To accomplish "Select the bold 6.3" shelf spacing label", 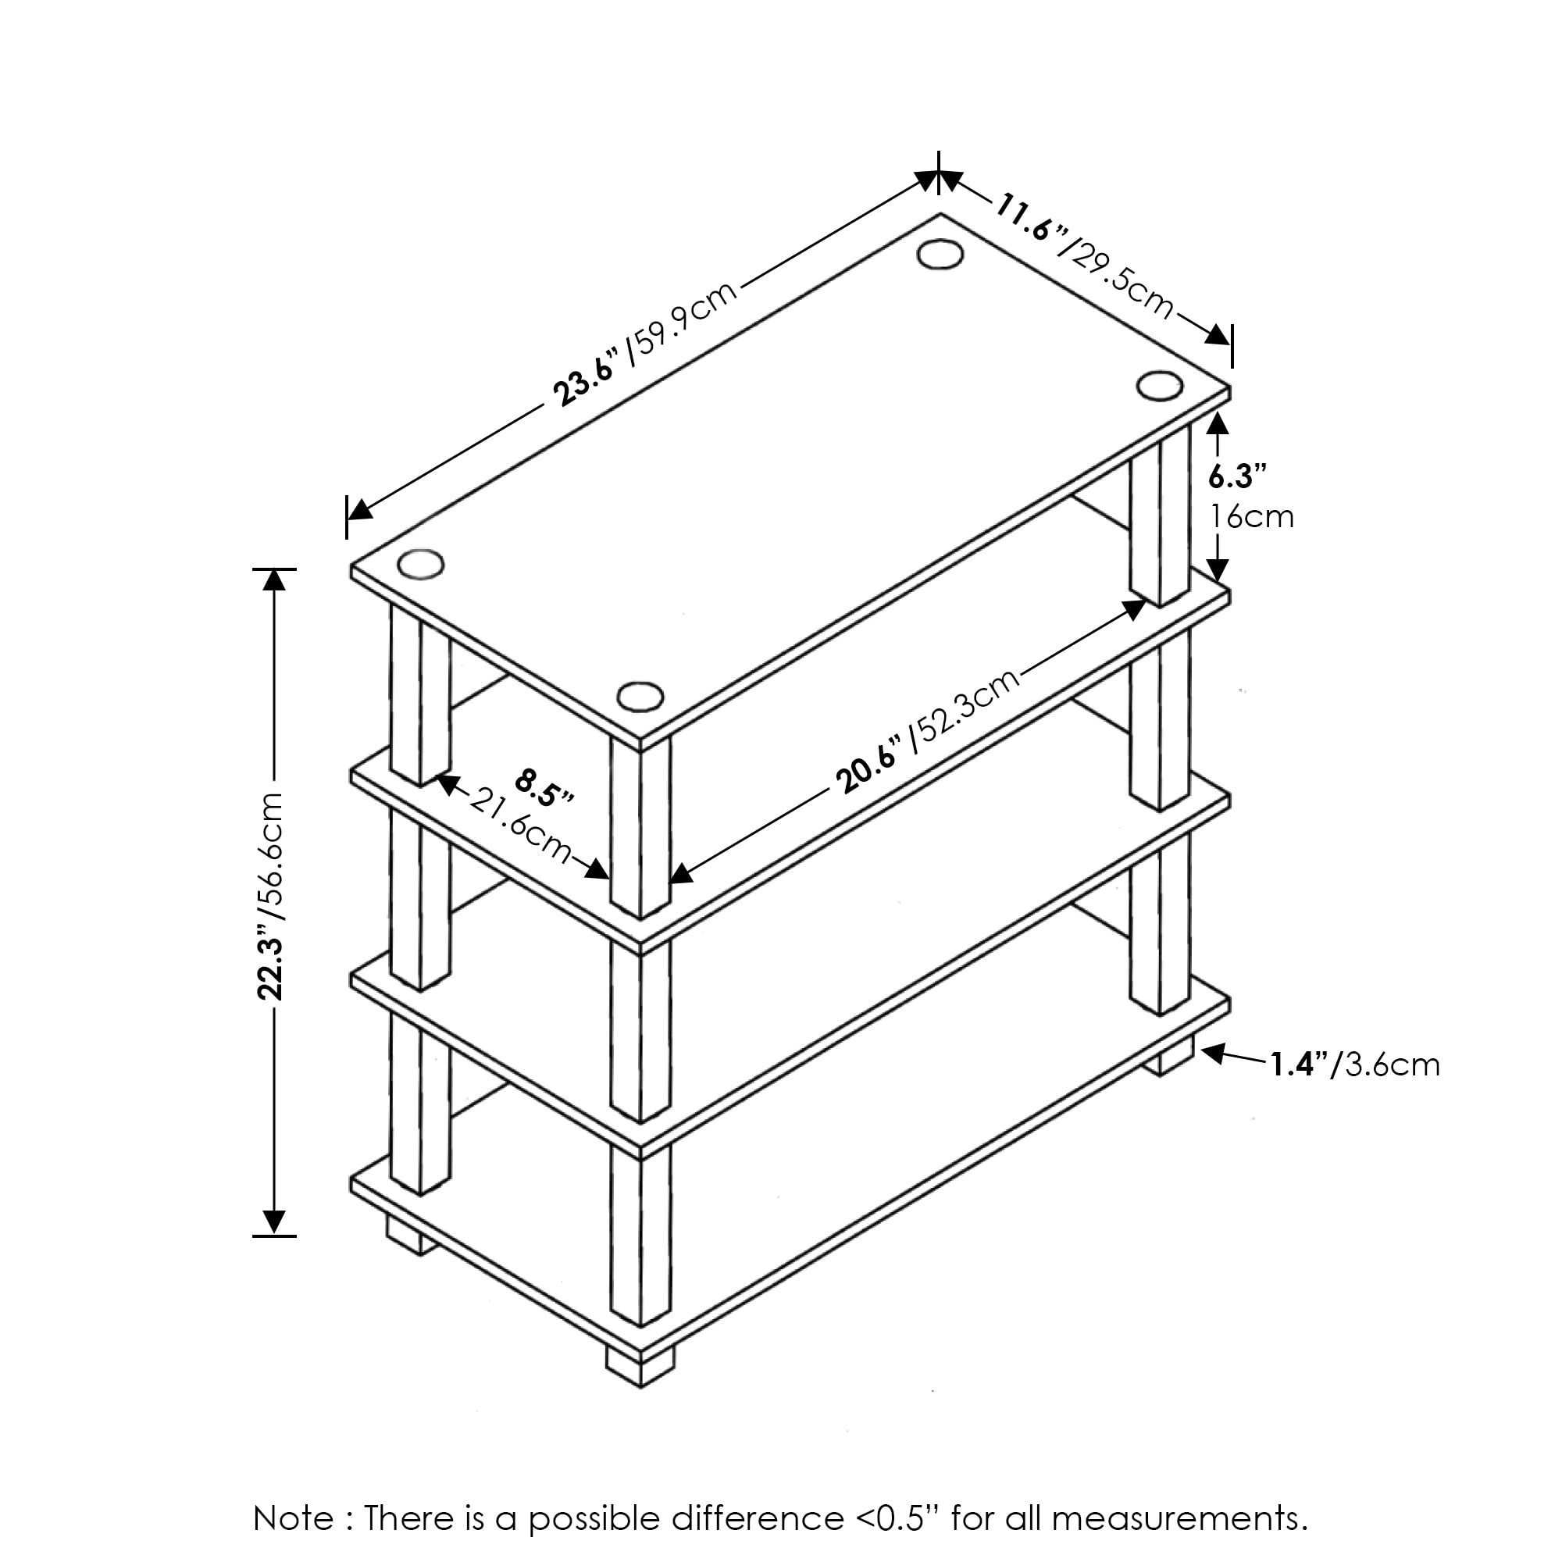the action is [x=1236, y=477].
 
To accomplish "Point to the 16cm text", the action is [x=1251, y=515].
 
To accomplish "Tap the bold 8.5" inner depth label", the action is [x=545, y=788].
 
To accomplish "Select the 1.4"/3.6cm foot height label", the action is [x=1354, y=1065].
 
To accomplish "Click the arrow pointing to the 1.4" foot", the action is [x=1234, y=1055].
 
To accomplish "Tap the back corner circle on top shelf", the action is [x=940, y=254].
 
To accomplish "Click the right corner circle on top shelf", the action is [x=1159, y=385].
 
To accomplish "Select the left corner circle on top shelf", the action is [x=421, y=565].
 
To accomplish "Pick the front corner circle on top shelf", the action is [x=640, y=696].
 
